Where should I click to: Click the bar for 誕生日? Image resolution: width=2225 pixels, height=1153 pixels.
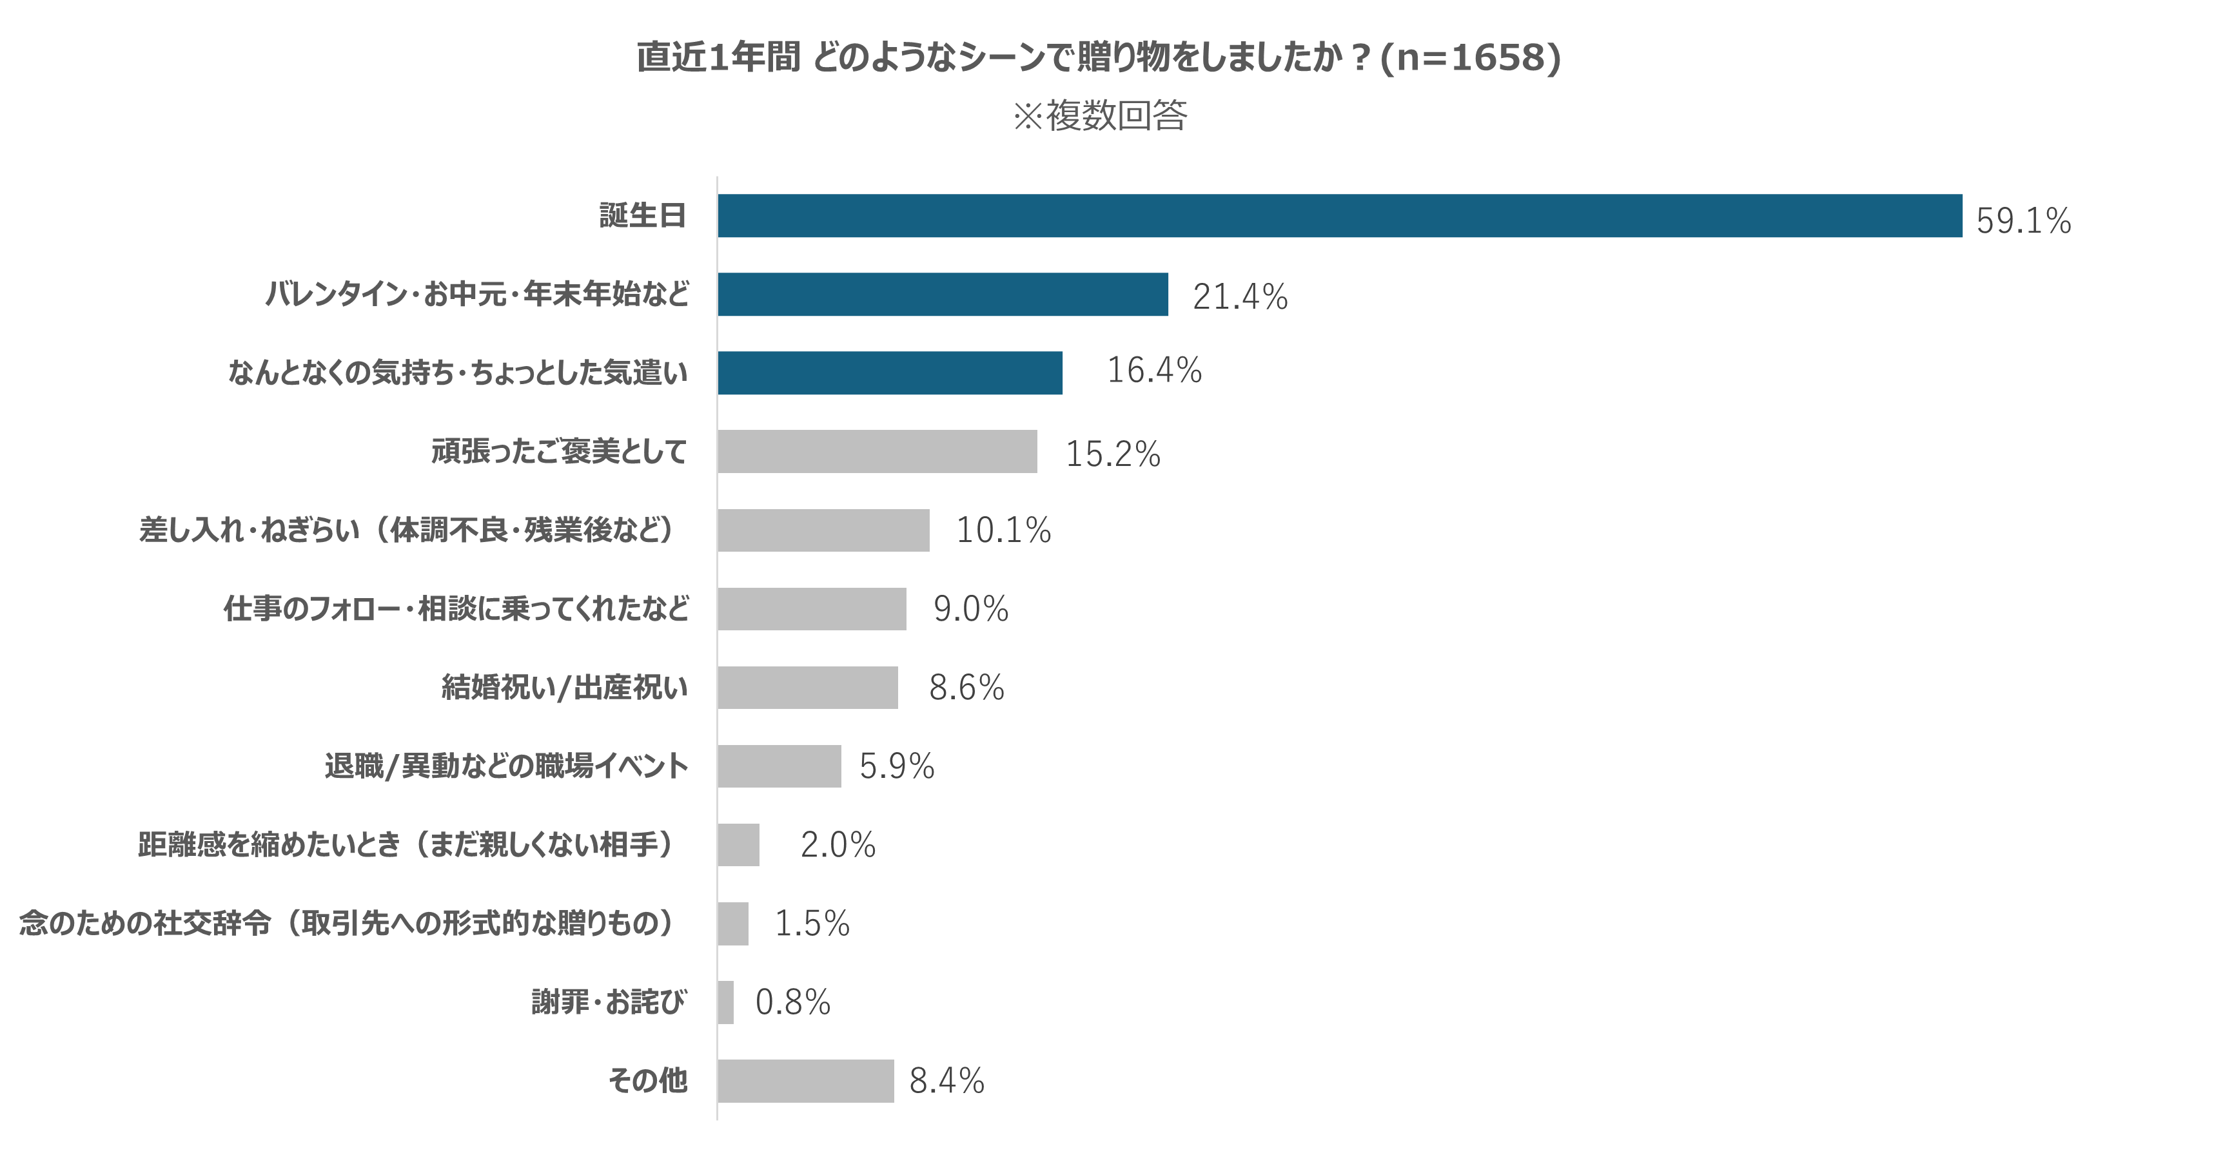1338,216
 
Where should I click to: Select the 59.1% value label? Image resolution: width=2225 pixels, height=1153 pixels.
2023,221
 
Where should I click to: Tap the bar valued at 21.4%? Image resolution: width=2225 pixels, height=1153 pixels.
943,295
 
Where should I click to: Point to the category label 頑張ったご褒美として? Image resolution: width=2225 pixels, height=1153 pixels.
559,452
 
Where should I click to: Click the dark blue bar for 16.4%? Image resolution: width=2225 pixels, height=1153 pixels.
890,373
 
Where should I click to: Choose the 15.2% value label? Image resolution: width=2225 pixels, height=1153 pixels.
1113,454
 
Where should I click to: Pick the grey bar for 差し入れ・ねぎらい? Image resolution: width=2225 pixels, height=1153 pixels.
823,530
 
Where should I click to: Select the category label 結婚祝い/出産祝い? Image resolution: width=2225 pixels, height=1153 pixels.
565,688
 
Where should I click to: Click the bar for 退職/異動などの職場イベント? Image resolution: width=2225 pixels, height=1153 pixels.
779,766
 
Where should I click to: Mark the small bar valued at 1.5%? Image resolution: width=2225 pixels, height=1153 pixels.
732,924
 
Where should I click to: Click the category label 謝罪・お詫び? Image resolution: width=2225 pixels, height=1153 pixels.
609,1002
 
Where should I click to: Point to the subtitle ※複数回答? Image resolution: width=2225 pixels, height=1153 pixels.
1099,116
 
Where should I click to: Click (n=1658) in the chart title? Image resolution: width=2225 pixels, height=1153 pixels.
1471,58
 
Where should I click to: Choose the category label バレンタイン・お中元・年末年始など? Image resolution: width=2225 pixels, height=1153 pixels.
477,295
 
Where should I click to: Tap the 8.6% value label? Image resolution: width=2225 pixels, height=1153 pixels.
966,688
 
